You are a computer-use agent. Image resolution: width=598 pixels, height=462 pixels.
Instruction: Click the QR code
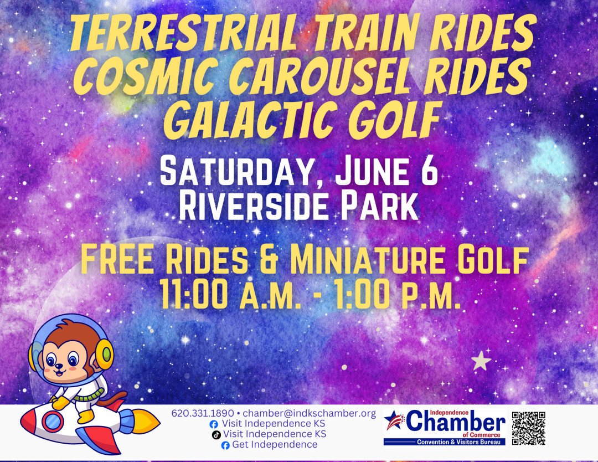(528, 428)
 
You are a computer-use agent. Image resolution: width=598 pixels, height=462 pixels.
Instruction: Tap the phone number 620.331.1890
(203, 413)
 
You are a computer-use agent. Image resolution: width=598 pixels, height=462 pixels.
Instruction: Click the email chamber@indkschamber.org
(310, 413)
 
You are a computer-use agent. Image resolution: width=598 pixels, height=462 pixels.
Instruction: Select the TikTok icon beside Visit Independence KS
(216, 434)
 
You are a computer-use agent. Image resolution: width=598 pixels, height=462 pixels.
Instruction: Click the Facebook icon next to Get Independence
(225, 445)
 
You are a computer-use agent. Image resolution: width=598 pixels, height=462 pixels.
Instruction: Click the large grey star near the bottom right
(481, 361)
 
